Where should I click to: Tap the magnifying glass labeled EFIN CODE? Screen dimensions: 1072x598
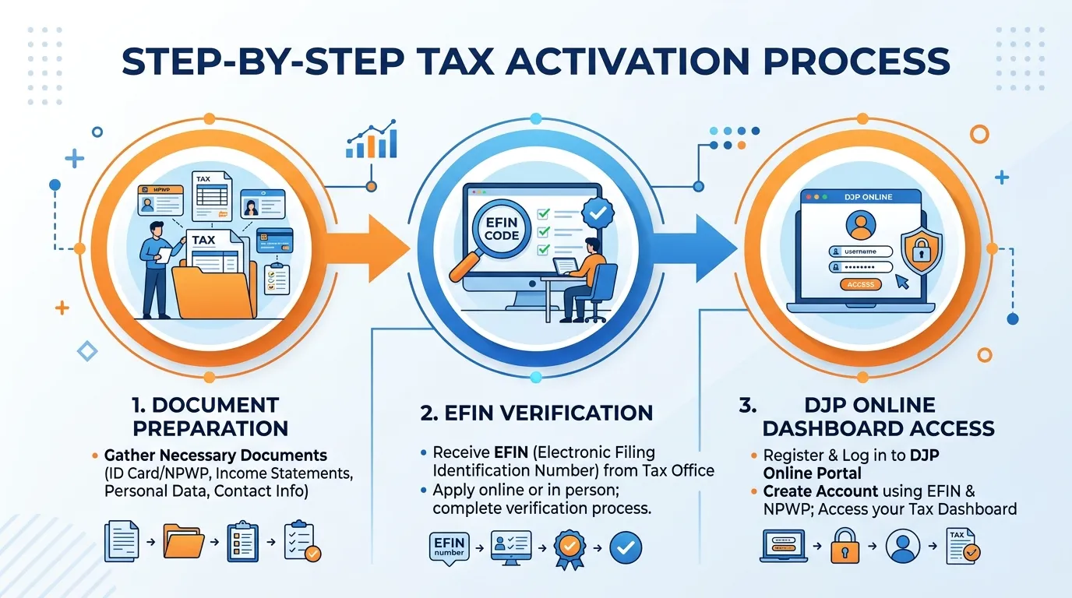(x=493, y=237)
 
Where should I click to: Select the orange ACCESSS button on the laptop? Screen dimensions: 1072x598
(x=860, y=284)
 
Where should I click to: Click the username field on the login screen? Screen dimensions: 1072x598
(x=860, y=252)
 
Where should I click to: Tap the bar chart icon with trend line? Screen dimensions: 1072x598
(x=372, y=139)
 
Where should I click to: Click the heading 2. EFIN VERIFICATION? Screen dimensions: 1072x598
(x=537, y=413)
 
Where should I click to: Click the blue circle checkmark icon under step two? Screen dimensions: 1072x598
(x=626, y=547)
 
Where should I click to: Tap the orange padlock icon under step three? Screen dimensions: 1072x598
(x=845, y=546)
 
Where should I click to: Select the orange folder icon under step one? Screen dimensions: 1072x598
(x=183, y=541)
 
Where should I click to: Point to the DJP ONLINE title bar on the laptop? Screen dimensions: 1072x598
(x=860, y=197)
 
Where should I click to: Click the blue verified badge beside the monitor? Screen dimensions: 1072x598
(x=598, y=213)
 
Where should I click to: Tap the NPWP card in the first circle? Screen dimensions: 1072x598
(x=160, y=200)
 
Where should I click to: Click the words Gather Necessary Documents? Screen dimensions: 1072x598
(x=215, y=455)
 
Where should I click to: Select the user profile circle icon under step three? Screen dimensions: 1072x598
(x=903, y=546)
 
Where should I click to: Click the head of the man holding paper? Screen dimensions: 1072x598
(x=157, y=230)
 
